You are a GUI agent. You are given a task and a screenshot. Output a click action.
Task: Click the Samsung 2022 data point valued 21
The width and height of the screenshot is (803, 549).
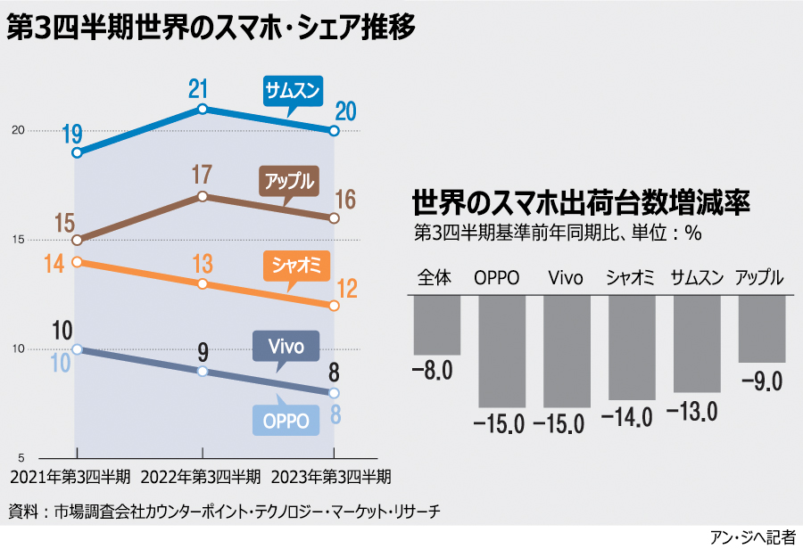(x=203, y=109)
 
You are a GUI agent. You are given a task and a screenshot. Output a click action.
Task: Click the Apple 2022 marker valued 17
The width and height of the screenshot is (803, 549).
(x=203, y=196)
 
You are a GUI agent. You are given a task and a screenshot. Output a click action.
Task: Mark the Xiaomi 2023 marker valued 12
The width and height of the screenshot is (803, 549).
(x=334, y=306)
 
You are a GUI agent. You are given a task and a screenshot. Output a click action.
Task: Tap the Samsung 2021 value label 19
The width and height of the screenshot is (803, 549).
(x=72, y=135)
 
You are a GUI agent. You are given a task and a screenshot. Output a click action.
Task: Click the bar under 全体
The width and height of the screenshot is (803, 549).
(x=436, y=325)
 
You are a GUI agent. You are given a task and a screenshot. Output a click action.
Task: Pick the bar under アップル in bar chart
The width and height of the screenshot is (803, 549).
(x=761, y=329)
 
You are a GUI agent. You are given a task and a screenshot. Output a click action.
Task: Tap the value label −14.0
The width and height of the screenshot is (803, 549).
(x=633, y=414)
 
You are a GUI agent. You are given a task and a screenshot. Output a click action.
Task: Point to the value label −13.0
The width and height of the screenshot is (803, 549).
(x=696, y=410)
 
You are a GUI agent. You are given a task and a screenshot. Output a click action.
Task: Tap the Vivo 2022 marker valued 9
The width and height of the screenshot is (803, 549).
(x=203, y=372)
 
